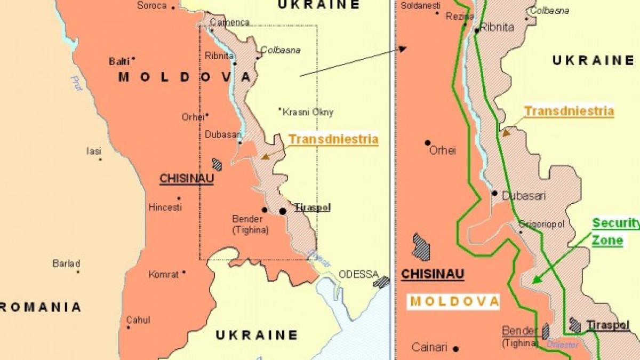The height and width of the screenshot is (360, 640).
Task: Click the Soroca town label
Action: (x=152, y=6)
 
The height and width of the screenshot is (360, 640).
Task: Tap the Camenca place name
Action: (x=229, y=22)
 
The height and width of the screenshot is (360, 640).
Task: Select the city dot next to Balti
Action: (x=133, y=59)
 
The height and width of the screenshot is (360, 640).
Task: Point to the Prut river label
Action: (x=76, y=83)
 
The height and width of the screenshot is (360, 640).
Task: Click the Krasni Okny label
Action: (x=308, y=112)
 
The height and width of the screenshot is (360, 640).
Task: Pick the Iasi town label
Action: (x=93, y=151)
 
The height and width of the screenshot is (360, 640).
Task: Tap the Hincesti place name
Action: (x=165, y=207)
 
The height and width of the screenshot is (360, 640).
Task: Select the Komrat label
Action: (x=164, y=274)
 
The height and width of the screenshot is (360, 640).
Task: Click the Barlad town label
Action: (x=66, y=263)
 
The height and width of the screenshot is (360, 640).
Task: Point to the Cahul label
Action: (x=138, y=320)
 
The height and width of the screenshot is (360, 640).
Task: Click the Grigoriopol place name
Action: (x=541, y=225)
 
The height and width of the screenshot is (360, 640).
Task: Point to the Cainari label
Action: (x=429, y=347)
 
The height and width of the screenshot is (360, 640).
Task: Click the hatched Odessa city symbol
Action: (x=381, y=281)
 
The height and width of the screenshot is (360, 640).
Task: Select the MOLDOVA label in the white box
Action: (x=455, y=301)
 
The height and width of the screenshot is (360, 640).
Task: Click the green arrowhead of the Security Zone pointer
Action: (x=535, y=281)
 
